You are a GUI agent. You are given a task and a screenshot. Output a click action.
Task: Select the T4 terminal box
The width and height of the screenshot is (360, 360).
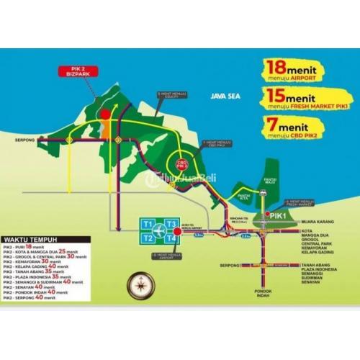pos(171,237)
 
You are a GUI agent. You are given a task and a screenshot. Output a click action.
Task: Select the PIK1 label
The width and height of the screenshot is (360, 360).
pos(278,215)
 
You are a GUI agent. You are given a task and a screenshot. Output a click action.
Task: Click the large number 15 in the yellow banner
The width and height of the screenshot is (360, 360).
pos(273,96)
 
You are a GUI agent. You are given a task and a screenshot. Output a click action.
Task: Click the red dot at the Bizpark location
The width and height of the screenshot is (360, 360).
pos(105,114)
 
